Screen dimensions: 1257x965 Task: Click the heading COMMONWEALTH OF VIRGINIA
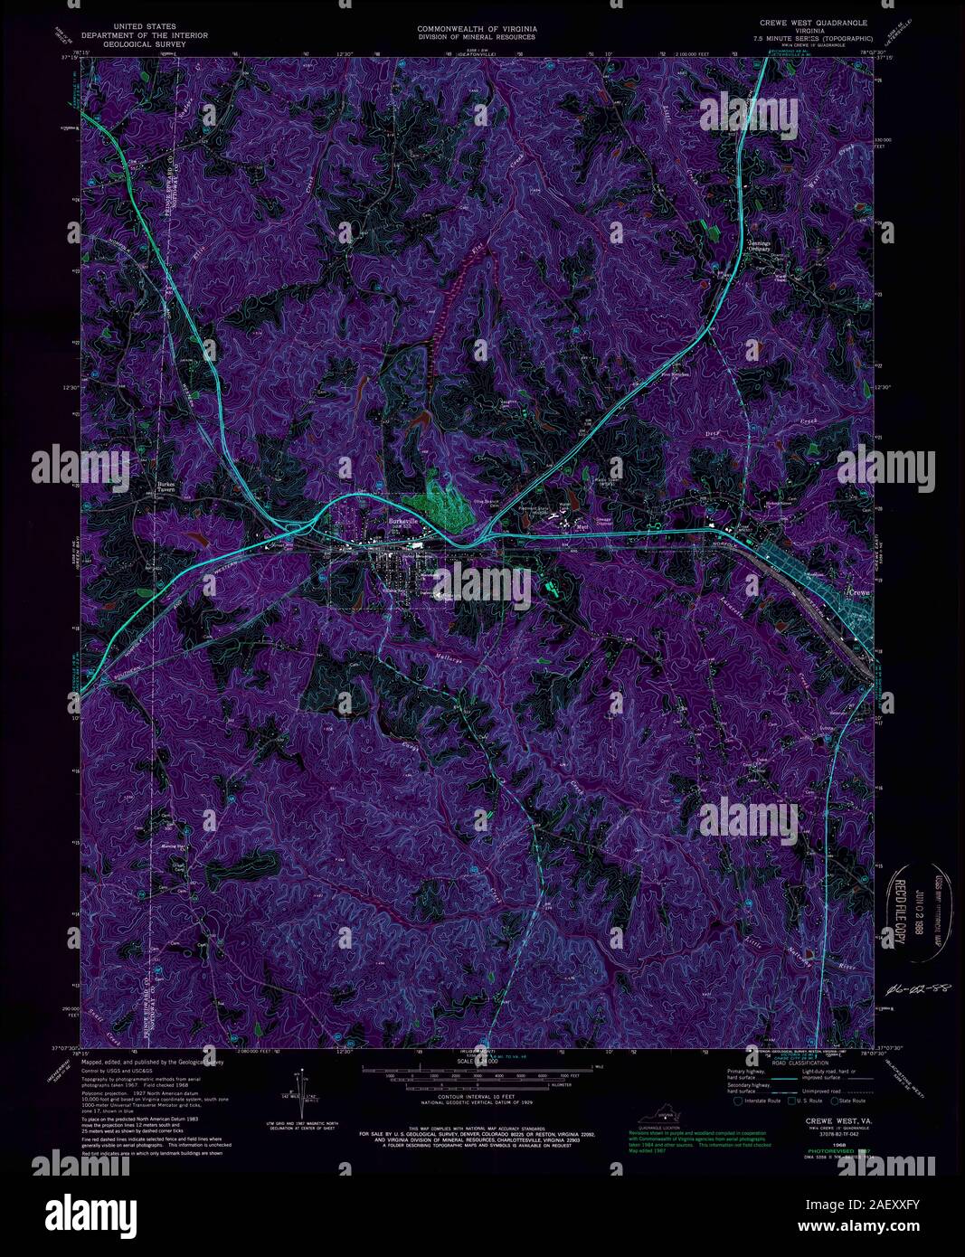coord(477,29)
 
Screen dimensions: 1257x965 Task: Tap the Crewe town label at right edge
coord(858,592)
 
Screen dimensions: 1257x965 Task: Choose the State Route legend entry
coord(848,1101)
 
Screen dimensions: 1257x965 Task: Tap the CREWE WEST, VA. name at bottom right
coord(820,1120)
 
